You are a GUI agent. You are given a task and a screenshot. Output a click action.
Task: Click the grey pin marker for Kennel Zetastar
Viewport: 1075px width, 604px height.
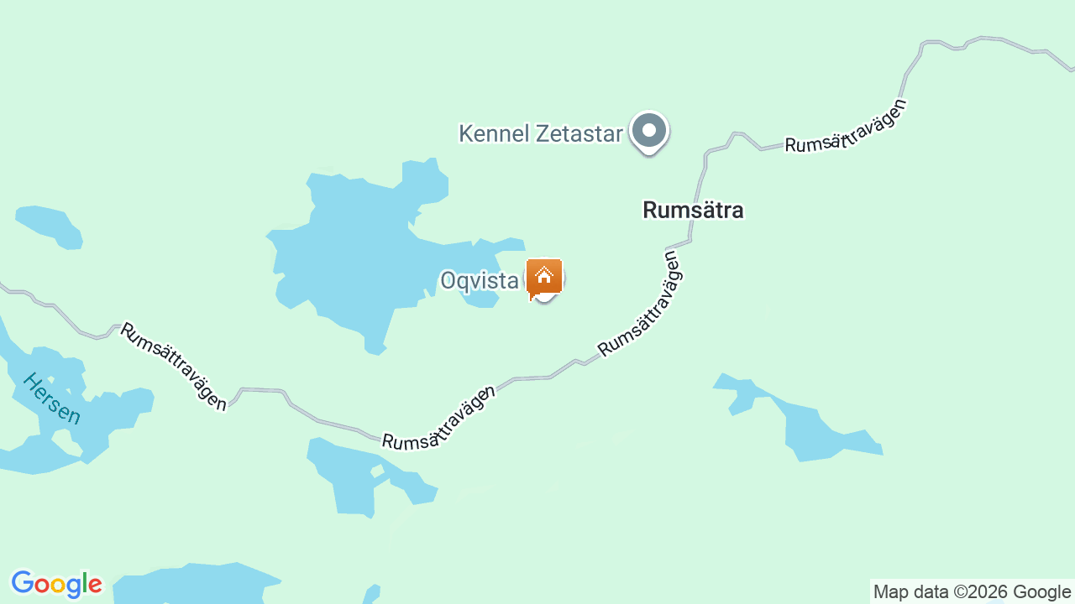648,132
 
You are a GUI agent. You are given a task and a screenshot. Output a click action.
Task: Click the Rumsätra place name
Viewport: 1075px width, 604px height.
693,211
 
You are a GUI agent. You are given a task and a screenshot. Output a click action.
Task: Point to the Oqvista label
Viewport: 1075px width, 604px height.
480,281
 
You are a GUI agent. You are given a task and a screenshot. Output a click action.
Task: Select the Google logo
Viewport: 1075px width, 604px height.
56,584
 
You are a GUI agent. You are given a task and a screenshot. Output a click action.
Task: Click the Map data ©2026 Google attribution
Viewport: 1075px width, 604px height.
972,592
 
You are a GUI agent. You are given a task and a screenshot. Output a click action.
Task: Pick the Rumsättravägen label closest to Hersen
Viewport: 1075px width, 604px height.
173,366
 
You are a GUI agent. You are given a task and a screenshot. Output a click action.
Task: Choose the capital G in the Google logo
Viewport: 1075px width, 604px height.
23,583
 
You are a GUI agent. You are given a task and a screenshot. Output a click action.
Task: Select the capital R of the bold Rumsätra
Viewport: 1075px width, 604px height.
650,211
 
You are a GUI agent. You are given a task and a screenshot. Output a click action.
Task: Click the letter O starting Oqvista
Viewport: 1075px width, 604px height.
449,281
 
